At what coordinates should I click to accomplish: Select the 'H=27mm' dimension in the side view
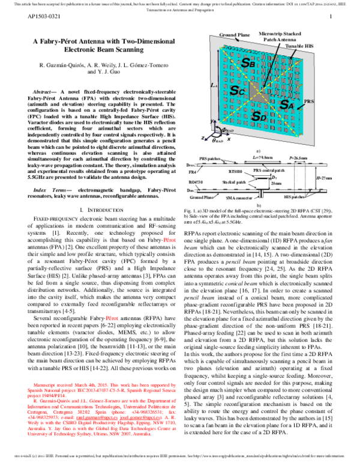click(324, 178)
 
